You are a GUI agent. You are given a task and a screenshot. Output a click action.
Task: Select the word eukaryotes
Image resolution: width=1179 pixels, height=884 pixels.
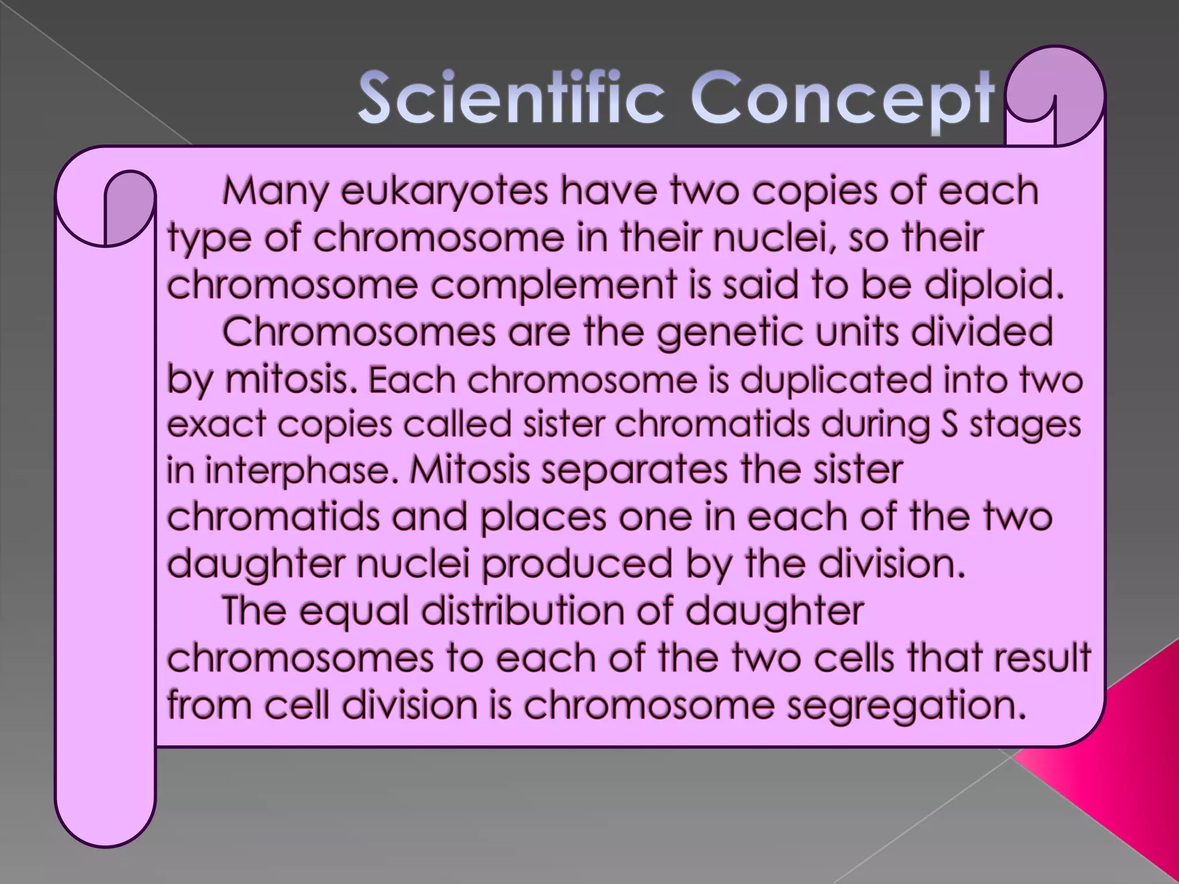tap(444, 191)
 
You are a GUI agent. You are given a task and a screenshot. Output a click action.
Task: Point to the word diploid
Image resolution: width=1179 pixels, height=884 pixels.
tap(993, 285)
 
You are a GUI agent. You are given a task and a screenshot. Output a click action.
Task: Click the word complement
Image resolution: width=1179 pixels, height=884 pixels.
tap(553, 285)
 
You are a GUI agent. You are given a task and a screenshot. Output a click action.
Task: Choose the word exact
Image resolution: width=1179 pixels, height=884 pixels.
tap(216, 425)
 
